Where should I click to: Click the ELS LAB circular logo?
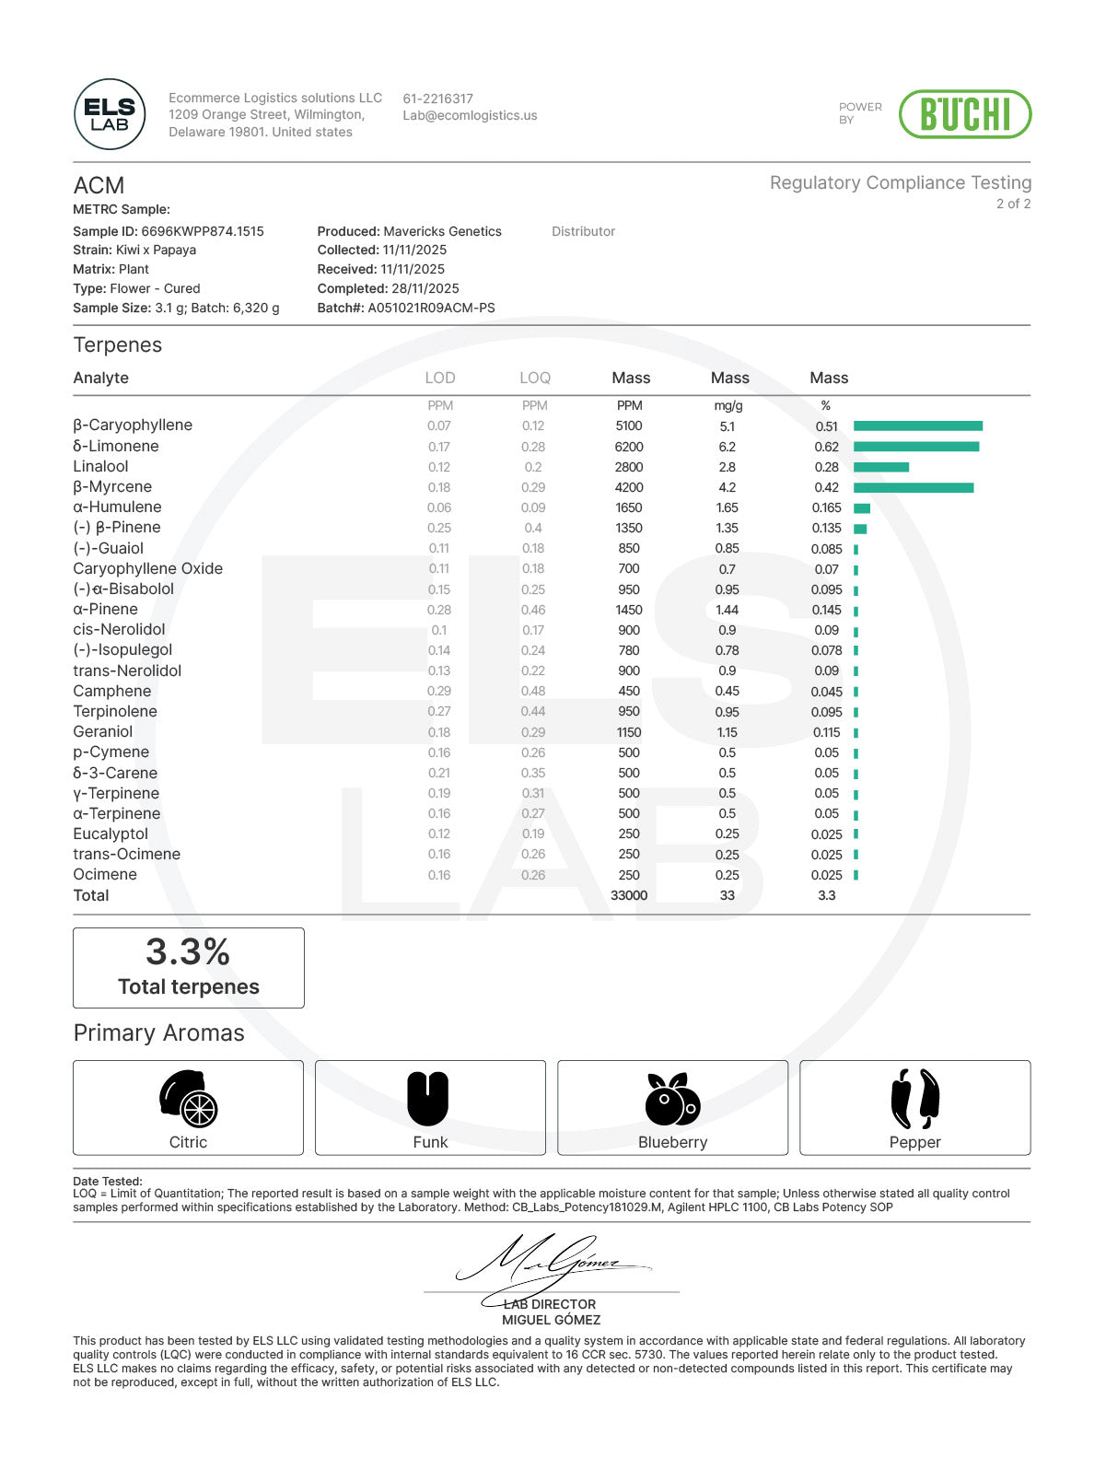point(110,114)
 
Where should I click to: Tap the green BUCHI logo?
point(964,114)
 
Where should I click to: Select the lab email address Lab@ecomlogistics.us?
point(470,116)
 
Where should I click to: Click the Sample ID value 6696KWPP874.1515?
point(202,231)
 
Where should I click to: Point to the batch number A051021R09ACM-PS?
point(431,308)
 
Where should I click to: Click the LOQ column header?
point(534,378)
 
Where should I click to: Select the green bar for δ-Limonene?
point(915,447)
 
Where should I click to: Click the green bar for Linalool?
point(880,467)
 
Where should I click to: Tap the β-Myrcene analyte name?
point(112,487)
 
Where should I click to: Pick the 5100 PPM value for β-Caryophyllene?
point(629,426)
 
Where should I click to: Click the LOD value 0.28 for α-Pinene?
point(439,610)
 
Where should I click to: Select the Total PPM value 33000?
point(629,895)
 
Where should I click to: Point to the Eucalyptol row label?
point(111,834)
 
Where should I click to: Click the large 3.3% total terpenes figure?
point(188,951)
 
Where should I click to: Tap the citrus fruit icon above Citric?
point(188,1099)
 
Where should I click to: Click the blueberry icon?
point(672,1099)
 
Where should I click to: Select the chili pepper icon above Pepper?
point(914,1099)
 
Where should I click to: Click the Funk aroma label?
point(430,1142)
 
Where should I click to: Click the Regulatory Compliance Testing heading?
point(900,182)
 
